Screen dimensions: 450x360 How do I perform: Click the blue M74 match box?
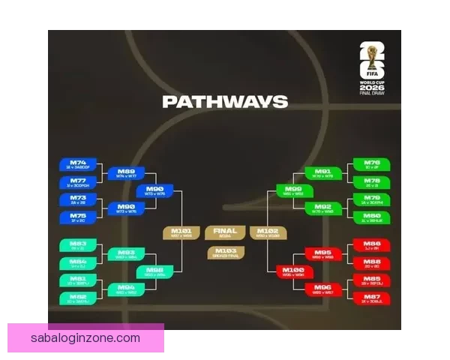(78, 165)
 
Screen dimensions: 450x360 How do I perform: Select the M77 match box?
(78, 183)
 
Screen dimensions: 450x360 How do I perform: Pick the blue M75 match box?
(78, 217)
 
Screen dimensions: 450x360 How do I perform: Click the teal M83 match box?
(78, 246)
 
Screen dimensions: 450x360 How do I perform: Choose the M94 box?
(126, 289)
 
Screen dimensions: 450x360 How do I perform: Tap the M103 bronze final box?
(225, 253)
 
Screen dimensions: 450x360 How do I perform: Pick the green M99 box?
(294, 190)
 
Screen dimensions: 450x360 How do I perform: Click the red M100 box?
(294, 271)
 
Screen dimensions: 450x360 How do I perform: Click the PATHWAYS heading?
(224, 102)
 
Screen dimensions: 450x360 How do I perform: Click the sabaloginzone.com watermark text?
(85, 338)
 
